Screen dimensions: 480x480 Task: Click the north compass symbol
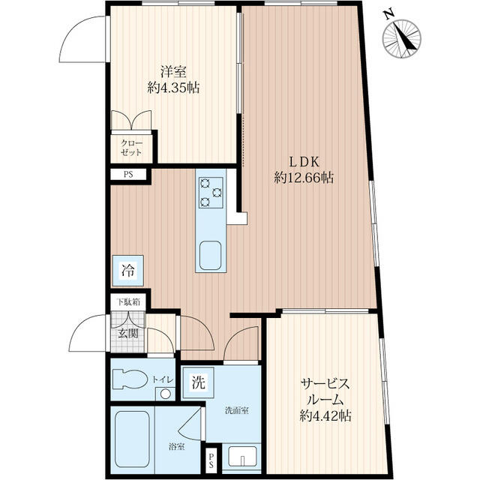pos(402,37)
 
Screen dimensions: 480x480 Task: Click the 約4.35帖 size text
pos(173,88)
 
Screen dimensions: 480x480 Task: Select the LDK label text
pos(304,162)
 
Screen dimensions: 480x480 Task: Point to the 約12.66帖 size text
pos(304,178)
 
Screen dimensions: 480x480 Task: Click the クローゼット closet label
pos(132,148)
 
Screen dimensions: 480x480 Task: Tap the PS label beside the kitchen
pos(128,175)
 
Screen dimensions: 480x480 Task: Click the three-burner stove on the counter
pos(211,193)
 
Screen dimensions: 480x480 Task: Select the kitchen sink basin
pos(210,255)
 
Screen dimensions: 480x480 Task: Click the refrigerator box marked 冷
pos(128,271)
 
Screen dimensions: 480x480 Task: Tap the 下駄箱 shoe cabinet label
pos(129,302)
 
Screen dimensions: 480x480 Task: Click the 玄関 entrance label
pos(128,333)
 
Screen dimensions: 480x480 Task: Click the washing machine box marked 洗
pos(198,382)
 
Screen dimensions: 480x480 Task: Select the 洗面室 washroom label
pos(237,410)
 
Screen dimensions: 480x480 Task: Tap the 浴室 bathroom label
pos(177,447)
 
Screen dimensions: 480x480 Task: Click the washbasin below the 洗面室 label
pos(243,456)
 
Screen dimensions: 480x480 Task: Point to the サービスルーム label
pos(325,391)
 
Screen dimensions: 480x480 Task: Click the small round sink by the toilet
pos(166,394)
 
